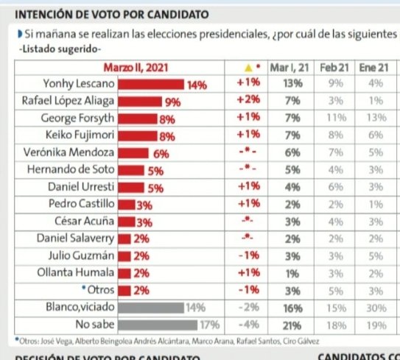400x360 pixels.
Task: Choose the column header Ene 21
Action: [x=373, y=68]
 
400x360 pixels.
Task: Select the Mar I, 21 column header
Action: [x=292, y=68]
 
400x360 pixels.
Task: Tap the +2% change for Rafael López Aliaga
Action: [x=248, y=102]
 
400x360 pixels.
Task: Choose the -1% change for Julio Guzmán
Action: [x=248, y=255]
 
